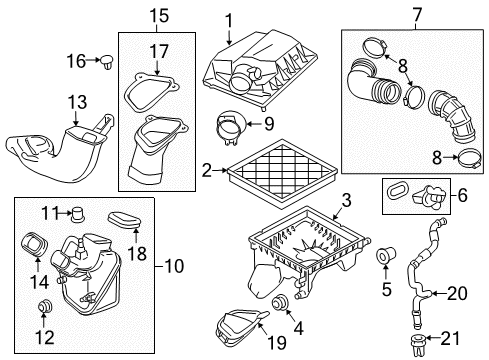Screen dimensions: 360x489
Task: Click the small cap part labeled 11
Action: (x=75, y=212)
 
